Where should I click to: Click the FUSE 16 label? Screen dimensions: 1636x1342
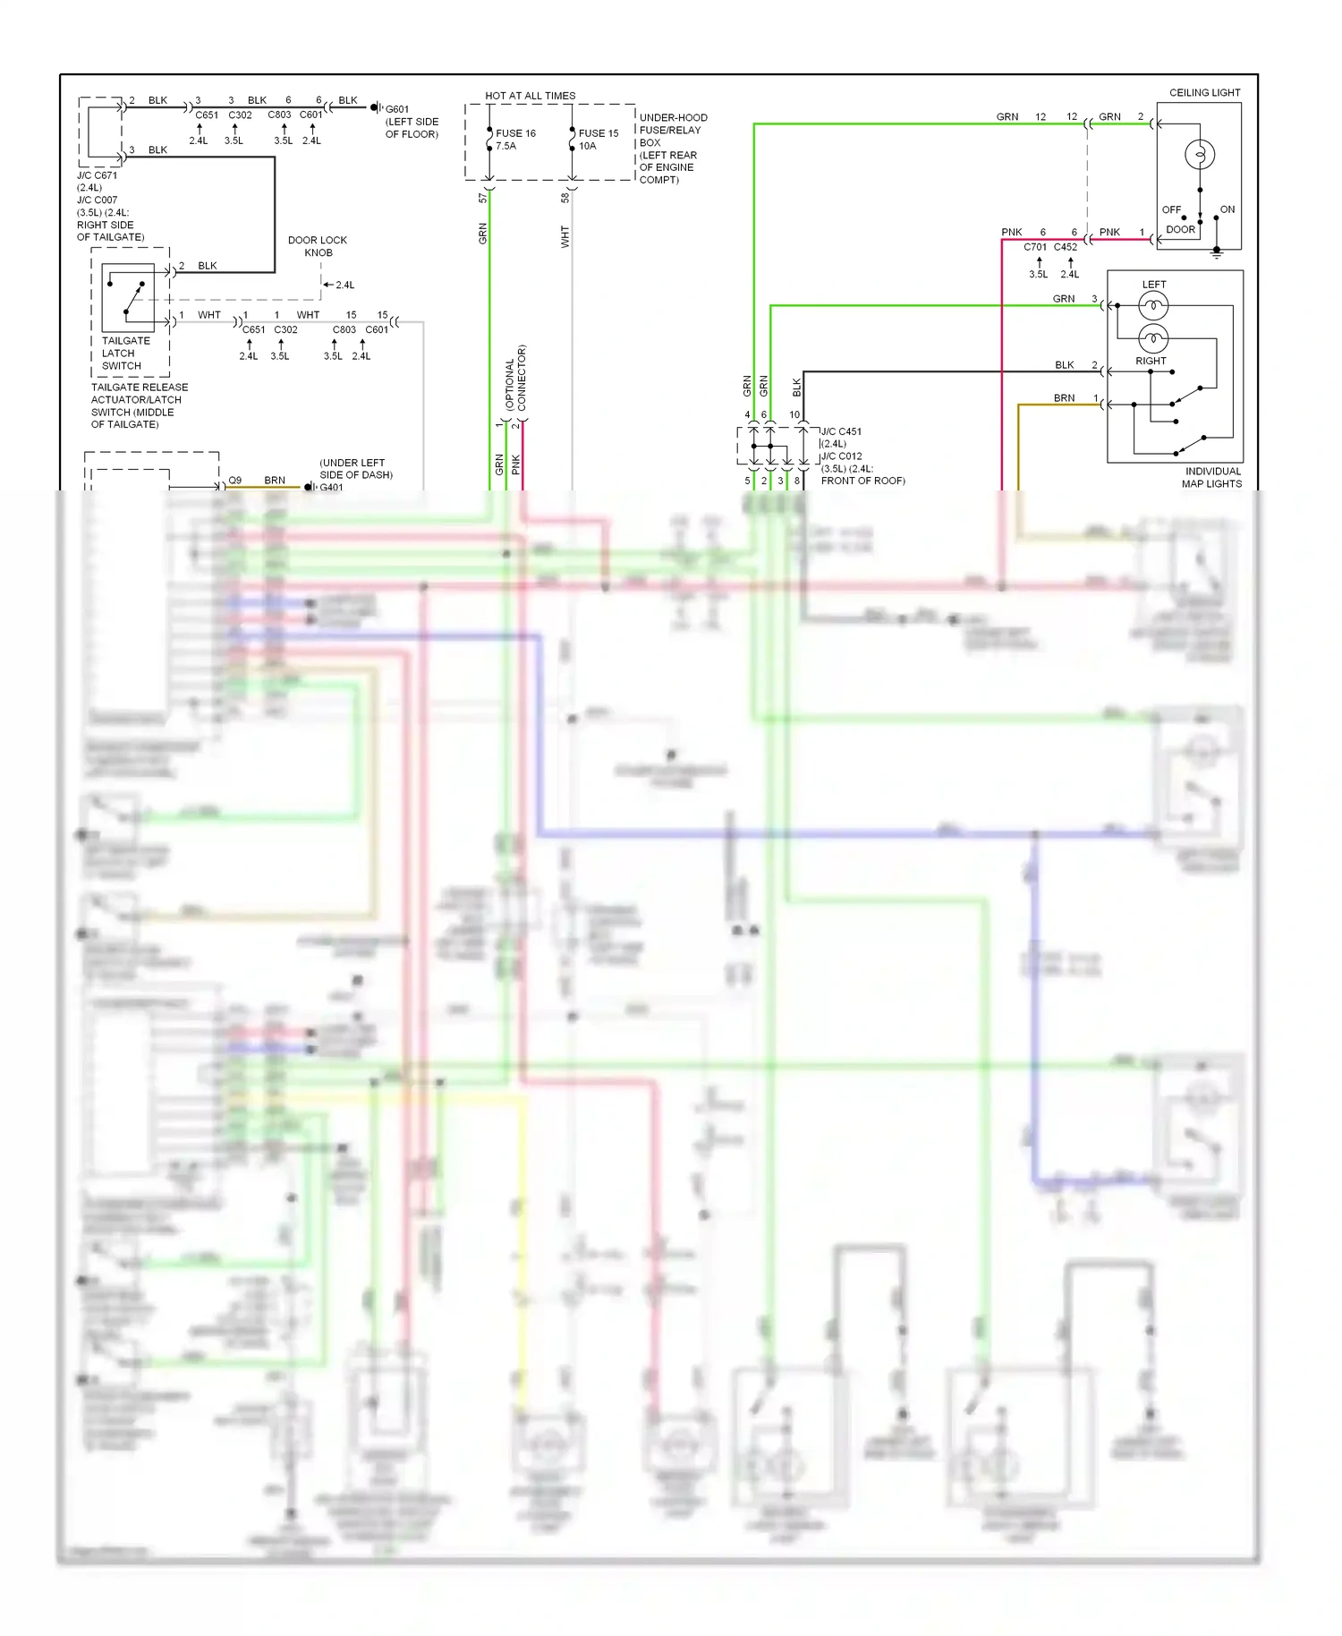point(515,133)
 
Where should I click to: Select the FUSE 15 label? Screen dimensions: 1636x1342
point(598,133)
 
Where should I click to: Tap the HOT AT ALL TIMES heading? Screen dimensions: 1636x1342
point(530,96)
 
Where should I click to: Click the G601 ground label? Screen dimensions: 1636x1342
point(396,110)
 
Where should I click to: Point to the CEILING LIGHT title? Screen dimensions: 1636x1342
point(1204,93)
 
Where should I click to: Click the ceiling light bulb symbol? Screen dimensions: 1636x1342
point(1199,155)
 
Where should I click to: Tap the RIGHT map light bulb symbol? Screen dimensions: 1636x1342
point(1153,338)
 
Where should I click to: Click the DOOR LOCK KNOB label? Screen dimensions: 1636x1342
point(318,246)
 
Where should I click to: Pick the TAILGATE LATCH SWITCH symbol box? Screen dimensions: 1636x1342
point(128,297)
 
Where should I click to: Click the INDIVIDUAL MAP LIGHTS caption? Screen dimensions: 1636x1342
point(1212,477)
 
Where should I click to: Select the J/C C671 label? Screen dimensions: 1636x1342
point(97,176)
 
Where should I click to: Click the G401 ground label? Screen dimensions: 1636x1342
point(331,488)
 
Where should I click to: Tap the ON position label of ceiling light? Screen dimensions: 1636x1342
point(1227,209)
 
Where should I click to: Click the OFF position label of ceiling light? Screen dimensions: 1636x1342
point(1171,209)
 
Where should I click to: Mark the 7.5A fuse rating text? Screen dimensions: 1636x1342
point(505,146)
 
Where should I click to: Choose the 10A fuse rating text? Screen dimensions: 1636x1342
point(587,146)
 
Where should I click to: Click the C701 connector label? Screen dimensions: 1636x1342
point(1035,247)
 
